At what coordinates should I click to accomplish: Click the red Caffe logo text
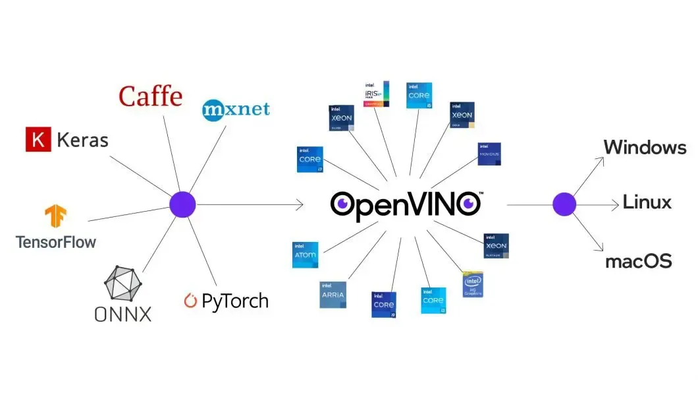point(150,97)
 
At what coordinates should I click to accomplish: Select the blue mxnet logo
point(236,108)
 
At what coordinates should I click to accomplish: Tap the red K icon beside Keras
point(38,140)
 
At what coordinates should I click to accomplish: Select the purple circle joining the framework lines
point(182,204)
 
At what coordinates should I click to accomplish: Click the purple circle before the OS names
point(564,204)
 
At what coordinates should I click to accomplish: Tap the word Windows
point(645,147)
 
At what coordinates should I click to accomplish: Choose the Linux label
point(647,202)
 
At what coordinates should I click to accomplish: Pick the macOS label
point(638,261)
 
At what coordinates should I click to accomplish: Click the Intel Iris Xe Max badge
point(377,94)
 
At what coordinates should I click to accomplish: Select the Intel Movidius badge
point(489,154)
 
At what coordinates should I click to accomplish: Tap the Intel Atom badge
point(305,255)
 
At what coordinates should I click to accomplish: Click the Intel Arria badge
point(333,295)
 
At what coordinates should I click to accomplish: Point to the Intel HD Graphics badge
point(473,284)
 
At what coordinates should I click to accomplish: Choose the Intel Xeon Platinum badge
point(496,246)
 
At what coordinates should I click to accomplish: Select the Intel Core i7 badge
point(309,160)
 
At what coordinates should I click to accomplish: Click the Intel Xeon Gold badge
point(462,115)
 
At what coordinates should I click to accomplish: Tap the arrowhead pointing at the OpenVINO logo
point(300,205)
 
